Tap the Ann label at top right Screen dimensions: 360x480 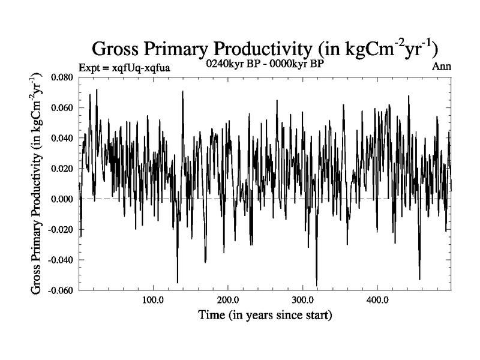coord(442,67)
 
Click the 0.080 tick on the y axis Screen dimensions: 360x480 coord(62,77)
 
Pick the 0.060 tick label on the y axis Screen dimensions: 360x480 coord(62,108)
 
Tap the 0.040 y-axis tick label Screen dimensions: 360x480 coord(62,138)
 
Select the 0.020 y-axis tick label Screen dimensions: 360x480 coord(62,169)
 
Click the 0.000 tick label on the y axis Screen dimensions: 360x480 coord(62,199)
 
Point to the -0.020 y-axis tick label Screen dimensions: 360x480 coord(61,229)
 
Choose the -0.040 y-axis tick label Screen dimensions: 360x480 coord(61,260)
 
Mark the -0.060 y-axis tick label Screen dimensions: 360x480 coord(61,290)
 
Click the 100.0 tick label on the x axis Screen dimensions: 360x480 coord(153,300)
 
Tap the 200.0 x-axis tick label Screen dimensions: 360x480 coord(227,300)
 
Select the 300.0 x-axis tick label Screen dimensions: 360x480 coord(302,300)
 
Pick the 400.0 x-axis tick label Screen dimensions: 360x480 coord(377,300)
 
